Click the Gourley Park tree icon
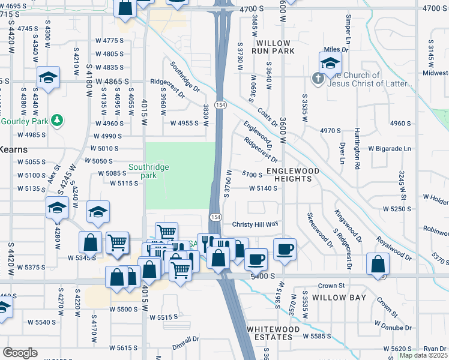57,121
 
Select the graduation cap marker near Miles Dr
330,63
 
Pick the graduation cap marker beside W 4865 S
48,77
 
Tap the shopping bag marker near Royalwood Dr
378,264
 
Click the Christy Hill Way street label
256,224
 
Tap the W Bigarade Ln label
390,148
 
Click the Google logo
20,353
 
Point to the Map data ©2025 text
423,355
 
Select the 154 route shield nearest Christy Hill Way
214,216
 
